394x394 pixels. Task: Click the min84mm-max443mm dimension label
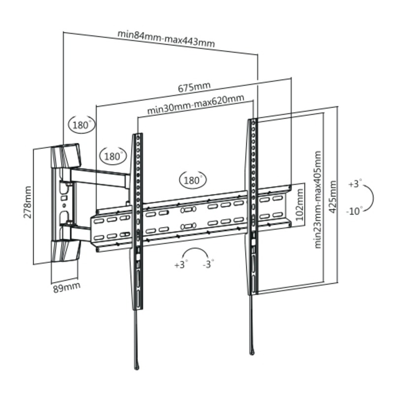[165, 38]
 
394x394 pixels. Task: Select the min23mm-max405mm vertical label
[318, 199]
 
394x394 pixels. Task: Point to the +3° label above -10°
[355, 184]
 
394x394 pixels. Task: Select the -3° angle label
[209, 264]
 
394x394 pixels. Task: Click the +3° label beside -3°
[181, 264]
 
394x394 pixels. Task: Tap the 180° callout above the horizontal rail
[193, 180]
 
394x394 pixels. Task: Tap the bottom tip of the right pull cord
[252, 352]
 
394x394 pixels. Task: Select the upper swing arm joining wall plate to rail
[101, 176]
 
